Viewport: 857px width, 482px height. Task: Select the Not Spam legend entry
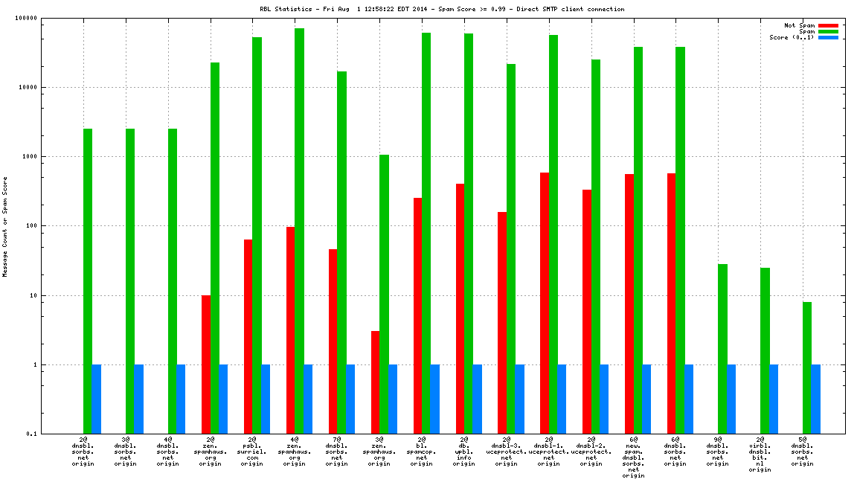pyautogui.click(x=800, y=25)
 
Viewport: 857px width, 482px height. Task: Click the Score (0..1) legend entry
pyautogui.click(x=793, y=37)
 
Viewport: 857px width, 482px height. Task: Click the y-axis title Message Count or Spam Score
pyautogui.click(x=5, y=227)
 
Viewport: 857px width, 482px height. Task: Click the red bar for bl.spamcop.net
pyautogui.click(x=417, y=315)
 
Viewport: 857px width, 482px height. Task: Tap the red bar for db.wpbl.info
pyautogui.click(x=460, y=309)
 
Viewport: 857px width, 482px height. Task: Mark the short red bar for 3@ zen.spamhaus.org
pyautogui.click(x=375, y=382)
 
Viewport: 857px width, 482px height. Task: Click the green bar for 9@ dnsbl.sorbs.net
pyautogui.click(x=722, y=349)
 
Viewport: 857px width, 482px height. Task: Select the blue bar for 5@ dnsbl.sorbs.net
pyautogui.click(x=816, y=399)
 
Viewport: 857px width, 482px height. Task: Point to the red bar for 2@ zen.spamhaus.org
pyautogui.click(x=205, y=364)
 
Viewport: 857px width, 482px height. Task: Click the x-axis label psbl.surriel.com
pyautogui.click(x=252, y=452)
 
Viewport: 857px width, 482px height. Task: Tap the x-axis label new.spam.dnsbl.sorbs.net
pyautogui.click(x=634, y=457)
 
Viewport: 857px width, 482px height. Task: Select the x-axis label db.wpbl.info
pyautogui.click(x=464, y=452)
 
